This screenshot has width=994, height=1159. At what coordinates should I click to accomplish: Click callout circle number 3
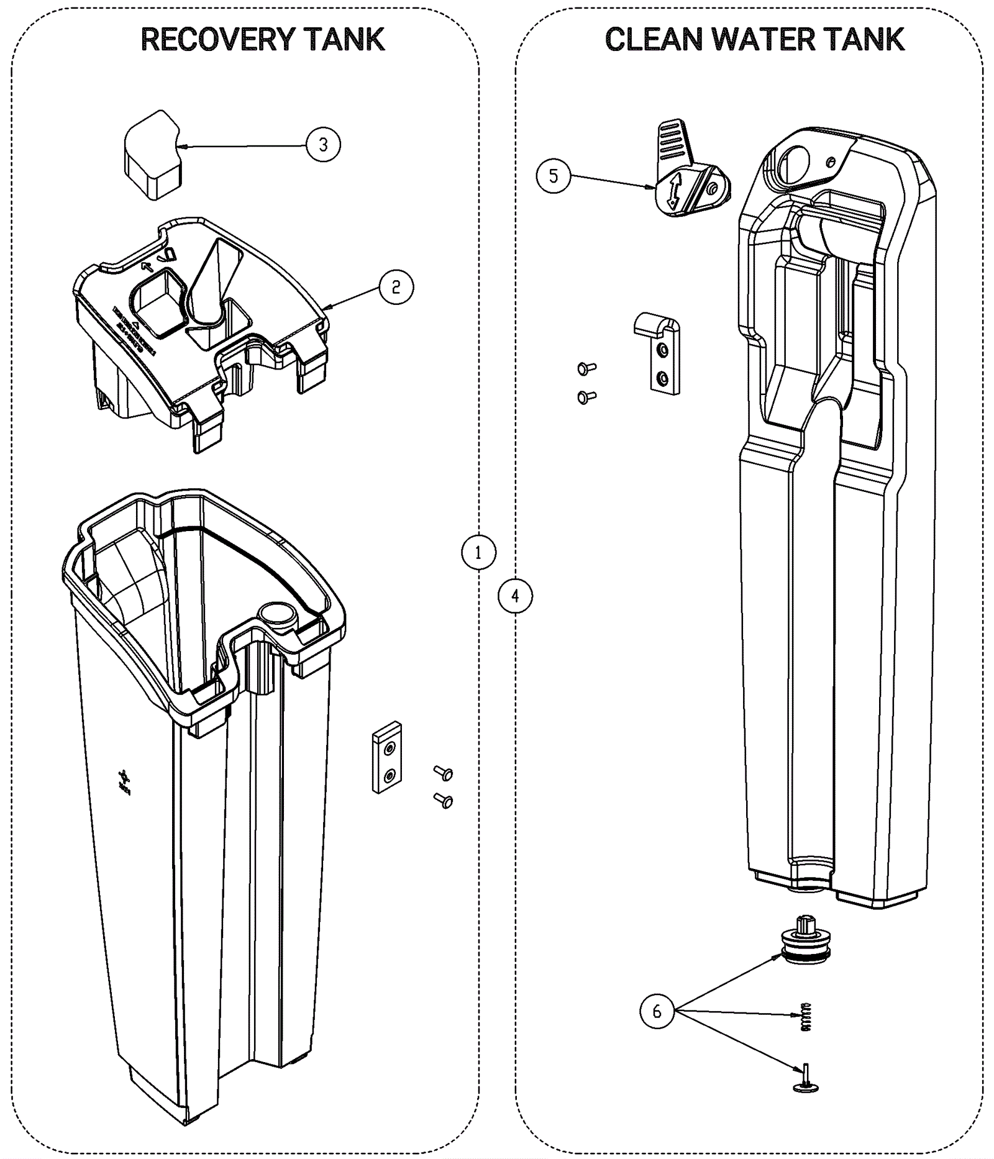[x=323, y=145]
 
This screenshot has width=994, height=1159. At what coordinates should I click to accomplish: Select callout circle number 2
[x=396, y=287]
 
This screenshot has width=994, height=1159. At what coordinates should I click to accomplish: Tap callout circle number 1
[x=478, y=552]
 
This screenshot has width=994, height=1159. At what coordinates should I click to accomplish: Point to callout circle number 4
[x=515, y=596]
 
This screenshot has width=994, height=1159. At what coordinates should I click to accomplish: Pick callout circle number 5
[x=553, y=176]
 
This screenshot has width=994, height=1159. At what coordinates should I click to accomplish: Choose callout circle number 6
[x=657, y=1012]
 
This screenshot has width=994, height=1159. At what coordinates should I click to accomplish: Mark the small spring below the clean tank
[x=806, y=1017]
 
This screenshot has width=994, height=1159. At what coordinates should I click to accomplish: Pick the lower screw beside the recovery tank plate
[x=444, y=801]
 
